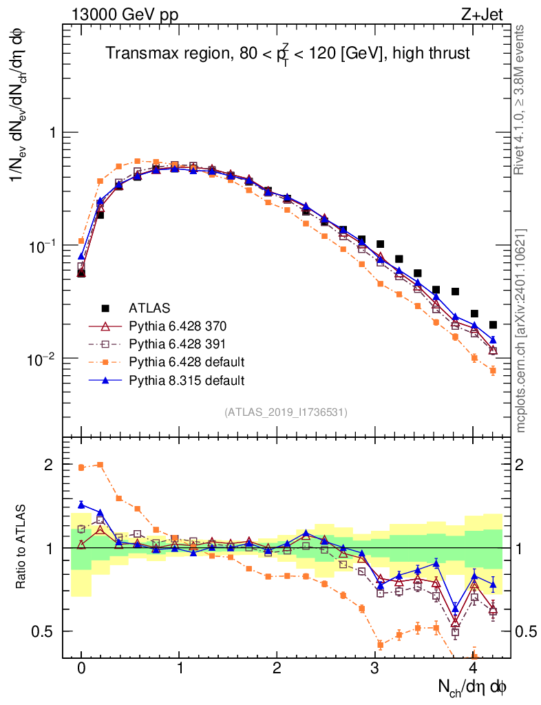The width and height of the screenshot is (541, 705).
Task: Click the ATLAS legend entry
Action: coord(149,307)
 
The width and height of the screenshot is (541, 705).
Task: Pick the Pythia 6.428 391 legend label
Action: coord(178,343)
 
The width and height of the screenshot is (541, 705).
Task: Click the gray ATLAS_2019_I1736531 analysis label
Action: coord(286,412)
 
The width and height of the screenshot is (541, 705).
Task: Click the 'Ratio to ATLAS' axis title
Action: coord(21,548)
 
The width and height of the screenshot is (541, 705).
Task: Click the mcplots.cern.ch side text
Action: coord(521,330)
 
